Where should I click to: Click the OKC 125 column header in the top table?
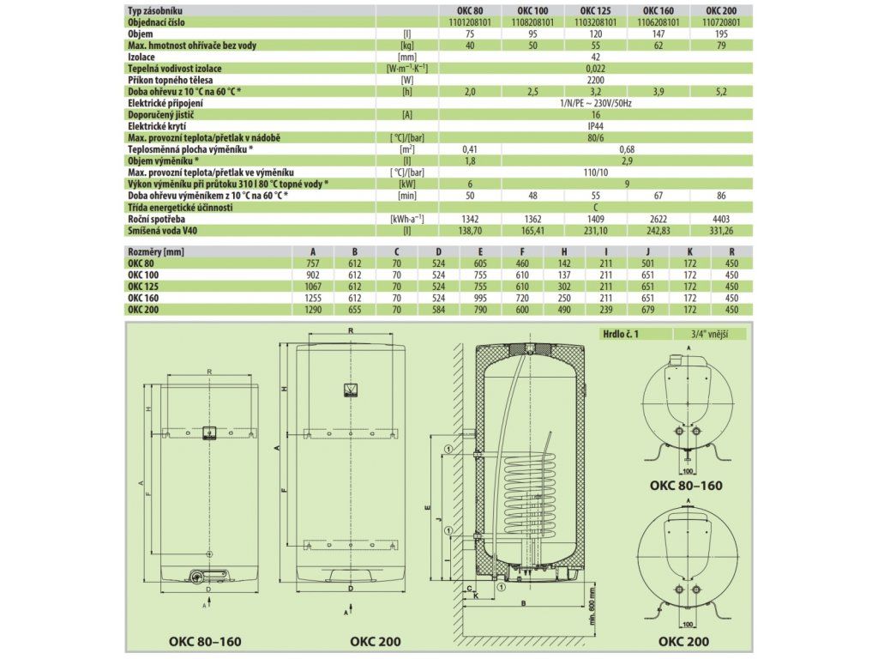(596, 10)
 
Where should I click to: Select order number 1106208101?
(658, 22)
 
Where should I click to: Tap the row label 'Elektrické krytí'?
(157, 126)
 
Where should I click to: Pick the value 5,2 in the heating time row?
(721, 91)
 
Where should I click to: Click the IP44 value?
(596, 126)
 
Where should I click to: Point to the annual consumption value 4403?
(721, 219)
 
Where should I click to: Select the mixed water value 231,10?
(596, 230)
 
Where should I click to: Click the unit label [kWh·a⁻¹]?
(407, 219)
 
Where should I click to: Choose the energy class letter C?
(596, 208)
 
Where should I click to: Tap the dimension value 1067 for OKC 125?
(313, 287)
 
